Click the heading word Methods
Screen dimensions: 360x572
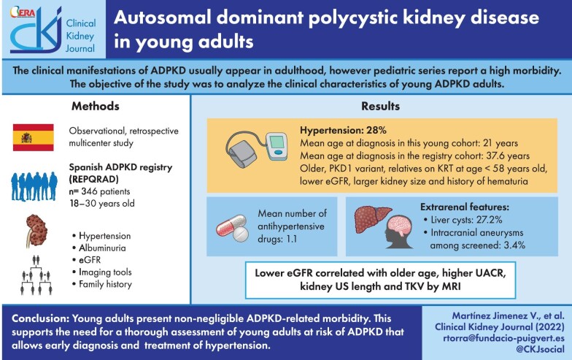(x=95, y=106)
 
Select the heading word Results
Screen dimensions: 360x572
(x=379, y=106)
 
